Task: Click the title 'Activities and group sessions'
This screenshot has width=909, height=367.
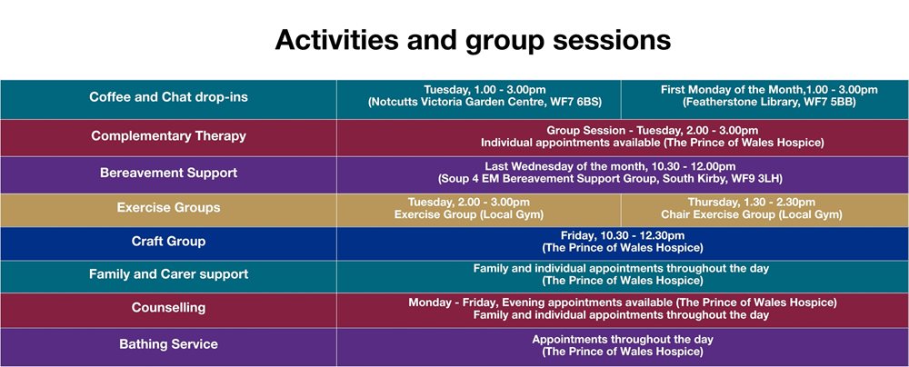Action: tap(473, 41)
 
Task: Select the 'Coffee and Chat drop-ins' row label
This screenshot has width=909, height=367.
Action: tap(168, 97)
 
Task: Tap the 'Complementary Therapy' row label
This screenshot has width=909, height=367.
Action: tap(168, 136)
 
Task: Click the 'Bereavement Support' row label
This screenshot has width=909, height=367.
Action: tap(168, 173)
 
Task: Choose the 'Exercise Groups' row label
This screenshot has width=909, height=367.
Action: tap(168, 207)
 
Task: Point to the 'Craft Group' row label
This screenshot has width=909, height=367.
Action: tap(168, 242)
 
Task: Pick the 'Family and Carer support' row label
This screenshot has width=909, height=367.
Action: tap(168, 274)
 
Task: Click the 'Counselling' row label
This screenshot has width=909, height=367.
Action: tap(168, 307)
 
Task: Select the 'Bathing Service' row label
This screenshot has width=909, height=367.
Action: tap(168, 344)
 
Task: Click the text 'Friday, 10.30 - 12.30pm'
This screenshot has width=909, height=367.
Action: tap(623, 235)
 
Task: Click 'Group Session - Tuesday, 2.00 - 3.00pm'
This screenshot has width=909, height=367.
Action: tap(652, 131)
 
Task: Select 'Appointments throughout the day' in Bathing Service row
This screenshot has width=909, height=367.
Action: tap(623, 339)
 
